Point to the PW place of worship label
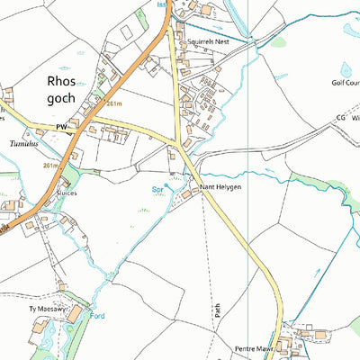[x=61, y=129]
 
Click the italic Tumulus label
[x=24, y=143]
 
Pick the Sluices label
[x=67, y=193]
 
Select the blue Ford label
[x=98, y=316]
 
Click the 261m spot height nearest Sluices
[x=50, y=166]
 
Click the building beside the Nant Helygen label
[x=186, y=193]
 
